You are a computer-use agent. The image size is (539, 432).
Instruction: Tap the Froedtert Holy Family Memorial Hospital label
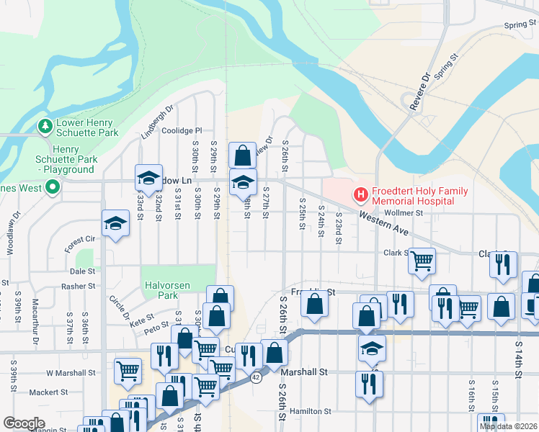tap(413, 197)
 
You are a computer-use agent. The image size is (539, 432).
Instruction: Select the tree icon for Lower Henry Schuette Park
tap(45, 127)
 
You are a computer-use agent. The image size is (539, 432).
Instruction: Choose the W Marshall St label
tap(71, 373)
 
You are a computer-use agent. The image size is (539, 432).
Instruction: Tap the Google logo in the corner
tap(24, 423)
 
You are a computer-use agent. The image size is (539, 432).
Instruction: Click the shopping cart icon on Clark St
tap(422, 260)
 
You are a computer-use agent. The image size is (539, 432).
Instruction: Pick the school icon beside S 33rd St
tap(148, 179)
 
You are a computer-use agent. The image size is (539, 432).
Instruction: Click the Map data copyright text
tap(509, 426)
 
